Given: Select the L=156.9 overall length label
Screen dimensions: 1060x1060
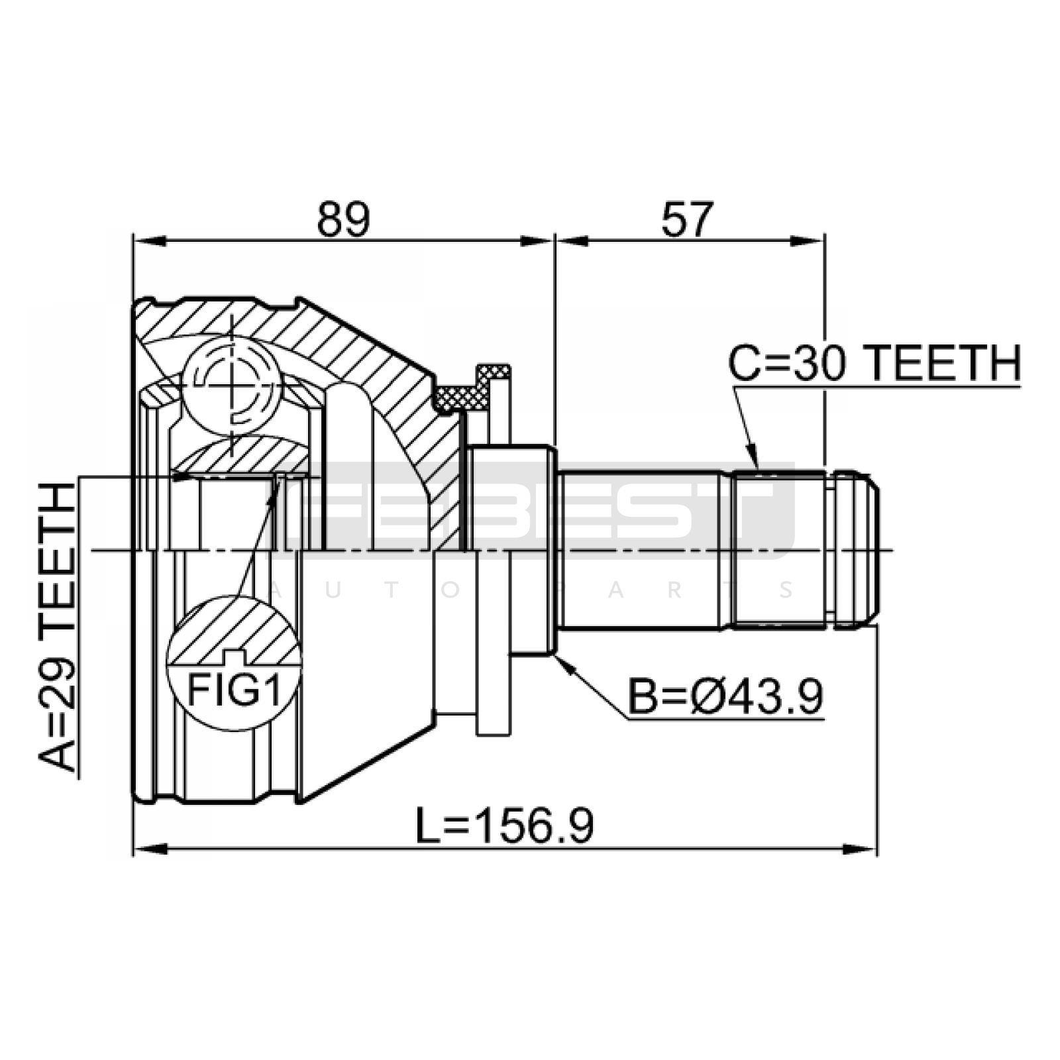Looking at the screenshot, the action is (x=504, y=826).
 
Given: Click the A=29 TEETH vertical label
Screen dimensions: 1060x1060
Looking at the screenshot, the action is (x=58, y=627).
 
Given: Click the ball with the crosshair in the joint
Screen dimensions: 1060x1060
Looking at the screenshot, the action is (x=232, y=383).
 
